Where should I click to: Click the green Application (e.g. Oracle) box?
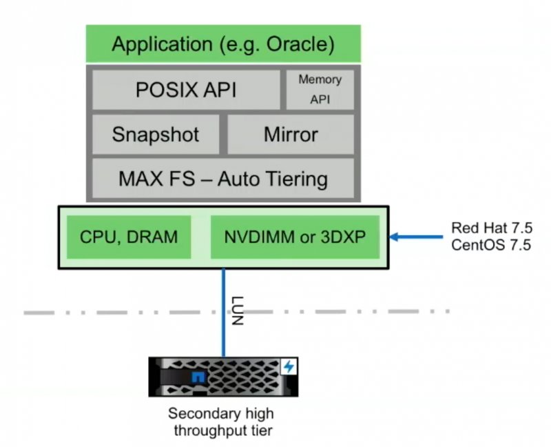(222, 45)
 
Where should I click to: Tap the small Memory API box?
(320, 90)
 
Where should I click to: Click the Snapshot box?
(155, 134)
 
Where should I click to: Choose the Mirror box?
(290, 134)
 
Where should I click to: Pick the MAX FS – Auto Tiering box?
(222, 179)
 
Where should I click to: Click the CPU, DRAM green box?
(128, 237)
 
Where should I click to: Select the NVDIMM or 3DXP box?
(294, 237)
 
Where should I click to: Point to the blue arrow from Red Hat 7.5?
(417, 237)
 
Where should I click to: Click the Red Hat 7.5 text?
(490, 228)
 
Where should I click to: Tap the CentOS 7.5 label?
(490, 245)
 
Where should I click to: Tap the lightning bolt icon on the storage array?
(288, 367)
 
